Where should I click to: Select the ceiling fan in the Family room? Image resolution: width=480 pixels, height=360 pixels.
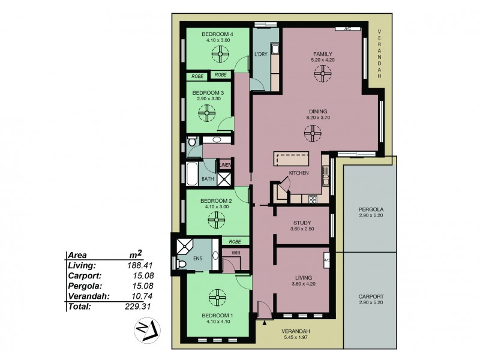click(x=322, y=73)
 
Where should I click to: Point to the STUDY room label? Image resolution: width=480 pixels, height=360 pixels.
click(x=301, y=222)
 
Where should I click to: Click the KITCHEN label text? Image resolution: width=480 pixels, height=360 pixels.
click(x=299, y=173)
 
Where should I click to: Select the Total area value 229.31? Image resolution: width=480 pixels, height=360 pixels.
click(x=138, y=306)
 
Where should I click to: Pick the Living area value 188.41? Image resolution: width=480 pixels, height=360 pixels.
click(x=138, y=265)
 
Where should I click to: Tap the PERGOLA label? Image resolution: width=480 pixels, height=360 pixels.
click(x=371, y=209)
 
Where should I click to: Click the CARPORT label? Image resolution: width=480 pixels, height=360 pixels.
click(x=371, y=297)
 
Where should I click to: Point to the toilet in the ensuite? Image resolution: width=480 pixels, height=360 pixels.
click(x=181, y=264)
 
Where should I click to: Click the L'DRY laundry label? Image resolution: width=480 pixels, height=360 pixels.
click(x=260, y=55)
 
